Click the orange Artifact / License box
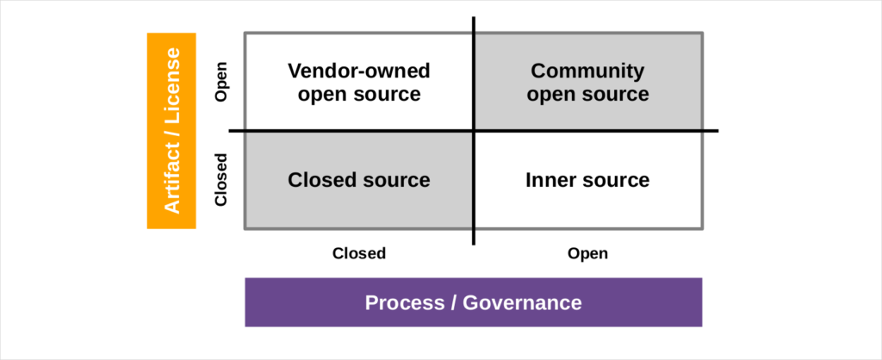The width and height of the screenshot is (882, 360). click(x=171, y=130)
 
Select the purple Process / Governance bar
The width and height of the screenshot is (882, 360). click(x=473, y=302)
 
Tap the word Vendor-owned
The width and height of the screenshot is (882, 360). click(x=359, y=71)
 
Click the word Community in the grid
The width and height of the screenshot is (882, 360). click(x=587, y=71)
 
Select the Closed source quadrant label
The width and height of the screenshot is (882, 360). click(x=359, y=180)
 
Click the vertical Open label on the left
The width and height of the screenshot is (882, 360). click(x=221, y=82)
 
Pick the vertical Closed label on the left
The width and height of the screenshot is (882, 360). click(x=221, y=180)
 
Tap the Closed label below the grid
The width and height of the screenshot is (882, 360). click(x=359, y=253)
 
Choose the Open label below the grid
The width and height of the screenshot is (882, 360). click(x=587, y=253)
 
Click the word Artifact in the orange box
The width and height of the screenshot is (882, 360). click(x=171, y=177)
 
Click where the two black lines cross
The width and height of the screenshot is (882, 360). click(x=474, y=131)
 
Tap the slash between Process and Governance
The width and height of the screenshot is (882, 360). click(x=456, y=302)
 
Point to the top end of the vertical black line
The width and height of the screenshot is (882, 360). click(x=474, y=18)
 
